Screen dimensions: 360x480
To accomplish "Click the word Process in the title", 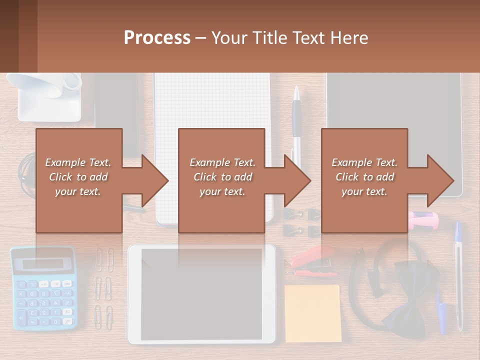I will [x=157, y=38].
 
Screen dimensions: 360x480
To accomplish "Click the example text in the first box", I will [x=78, y=177].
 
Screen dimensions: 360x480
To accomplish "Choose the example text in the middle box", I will [x=222, y=177].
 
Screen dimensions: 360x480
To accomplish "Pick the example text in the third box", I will [x=364, y=177].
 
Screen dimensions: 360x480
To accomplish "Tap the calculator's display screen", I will [x=43, y=263].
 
